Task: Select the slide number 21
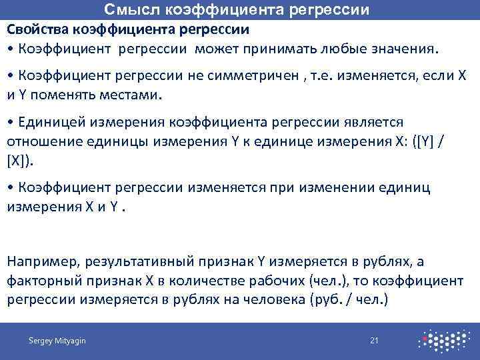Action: tap(374, 341)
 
